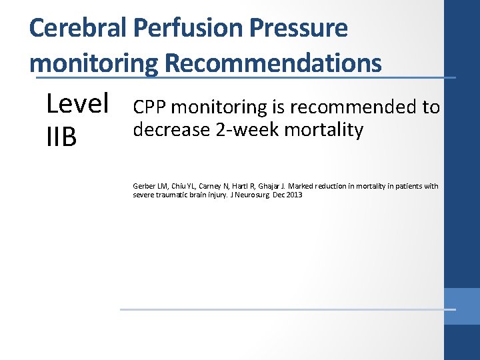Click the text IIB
[61, 137]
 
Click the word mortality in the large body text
[324, 129]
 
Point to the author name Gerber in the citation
[144, 186]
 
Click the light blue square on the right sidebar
[462, 306]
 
